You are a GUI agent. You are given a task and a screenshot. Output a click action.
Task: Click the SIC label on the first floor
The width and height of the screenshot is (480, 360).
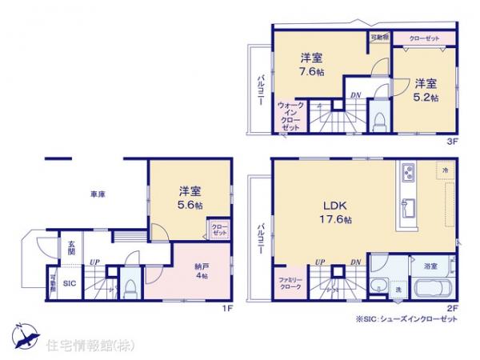[x=70, y=282]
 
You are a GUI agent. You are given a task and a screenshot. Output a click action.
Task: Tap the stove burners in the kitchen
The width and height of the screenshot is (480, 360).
[x=408, y=173]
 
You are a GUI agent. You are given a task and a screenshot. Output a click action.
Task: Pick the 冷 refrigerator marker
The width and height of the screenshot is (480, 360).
[x=443, y=170]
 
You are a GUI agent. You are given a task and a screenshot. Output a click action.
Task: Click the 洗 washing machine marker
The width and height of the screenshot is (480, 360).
[x=398, y=289]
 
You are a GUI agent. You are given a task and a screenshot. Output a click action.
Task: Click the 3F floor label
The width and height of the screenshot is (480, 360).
[x=451, y=142]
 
